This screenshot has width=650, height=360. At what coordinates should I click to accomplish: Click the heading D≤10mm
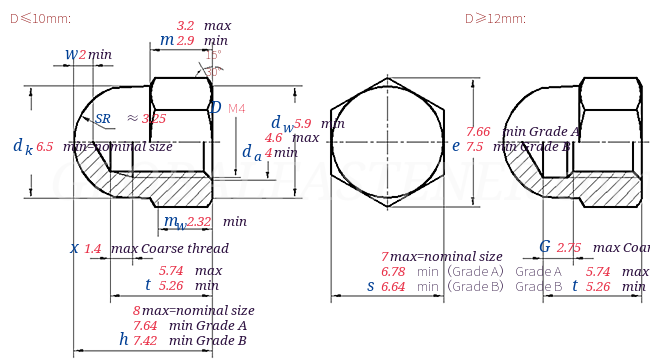40,18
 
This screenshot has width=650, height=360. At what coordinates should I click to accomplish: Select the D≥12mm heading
495,18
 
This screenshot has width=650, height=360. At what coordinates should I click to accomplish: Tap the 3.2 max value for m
186,25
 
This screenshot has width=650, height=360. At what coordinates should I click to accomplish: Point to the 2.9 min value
186,40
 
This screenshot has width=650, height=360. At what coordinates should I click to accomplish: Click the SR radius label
103,118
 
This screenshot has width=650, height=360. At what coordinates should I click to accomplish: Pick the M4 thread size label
237,108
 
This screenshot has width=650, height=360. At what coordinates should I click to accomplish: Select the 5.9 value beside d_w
302,124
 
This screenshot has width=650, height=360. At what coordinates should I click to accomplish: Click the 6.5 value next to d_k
45,146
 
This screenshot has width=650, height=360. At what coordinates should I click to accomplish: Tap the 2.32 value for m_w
199,221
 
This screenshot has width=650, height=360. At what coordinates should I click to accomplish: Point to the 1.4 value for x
93,248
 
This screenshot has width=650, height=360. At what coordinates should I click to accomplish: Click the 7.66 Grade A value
478,131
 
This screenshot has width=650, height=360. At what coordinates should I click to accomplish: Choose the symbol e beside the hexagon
455,145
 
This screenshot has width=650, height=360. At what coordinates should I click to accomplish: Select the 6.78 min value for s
393,271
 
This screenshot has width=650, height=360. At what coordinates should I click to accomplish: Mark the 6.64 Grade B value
393,286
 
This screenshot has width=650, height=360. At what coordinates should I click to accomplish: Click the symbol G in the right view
545,247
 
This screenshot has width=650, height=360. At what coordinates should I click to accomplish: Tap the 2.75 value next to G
569,248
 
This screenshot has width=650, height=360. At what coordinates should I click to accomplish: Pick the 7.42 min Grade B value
145,340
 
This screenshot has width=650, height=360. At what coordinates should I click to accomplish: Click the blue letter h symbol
123,339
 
